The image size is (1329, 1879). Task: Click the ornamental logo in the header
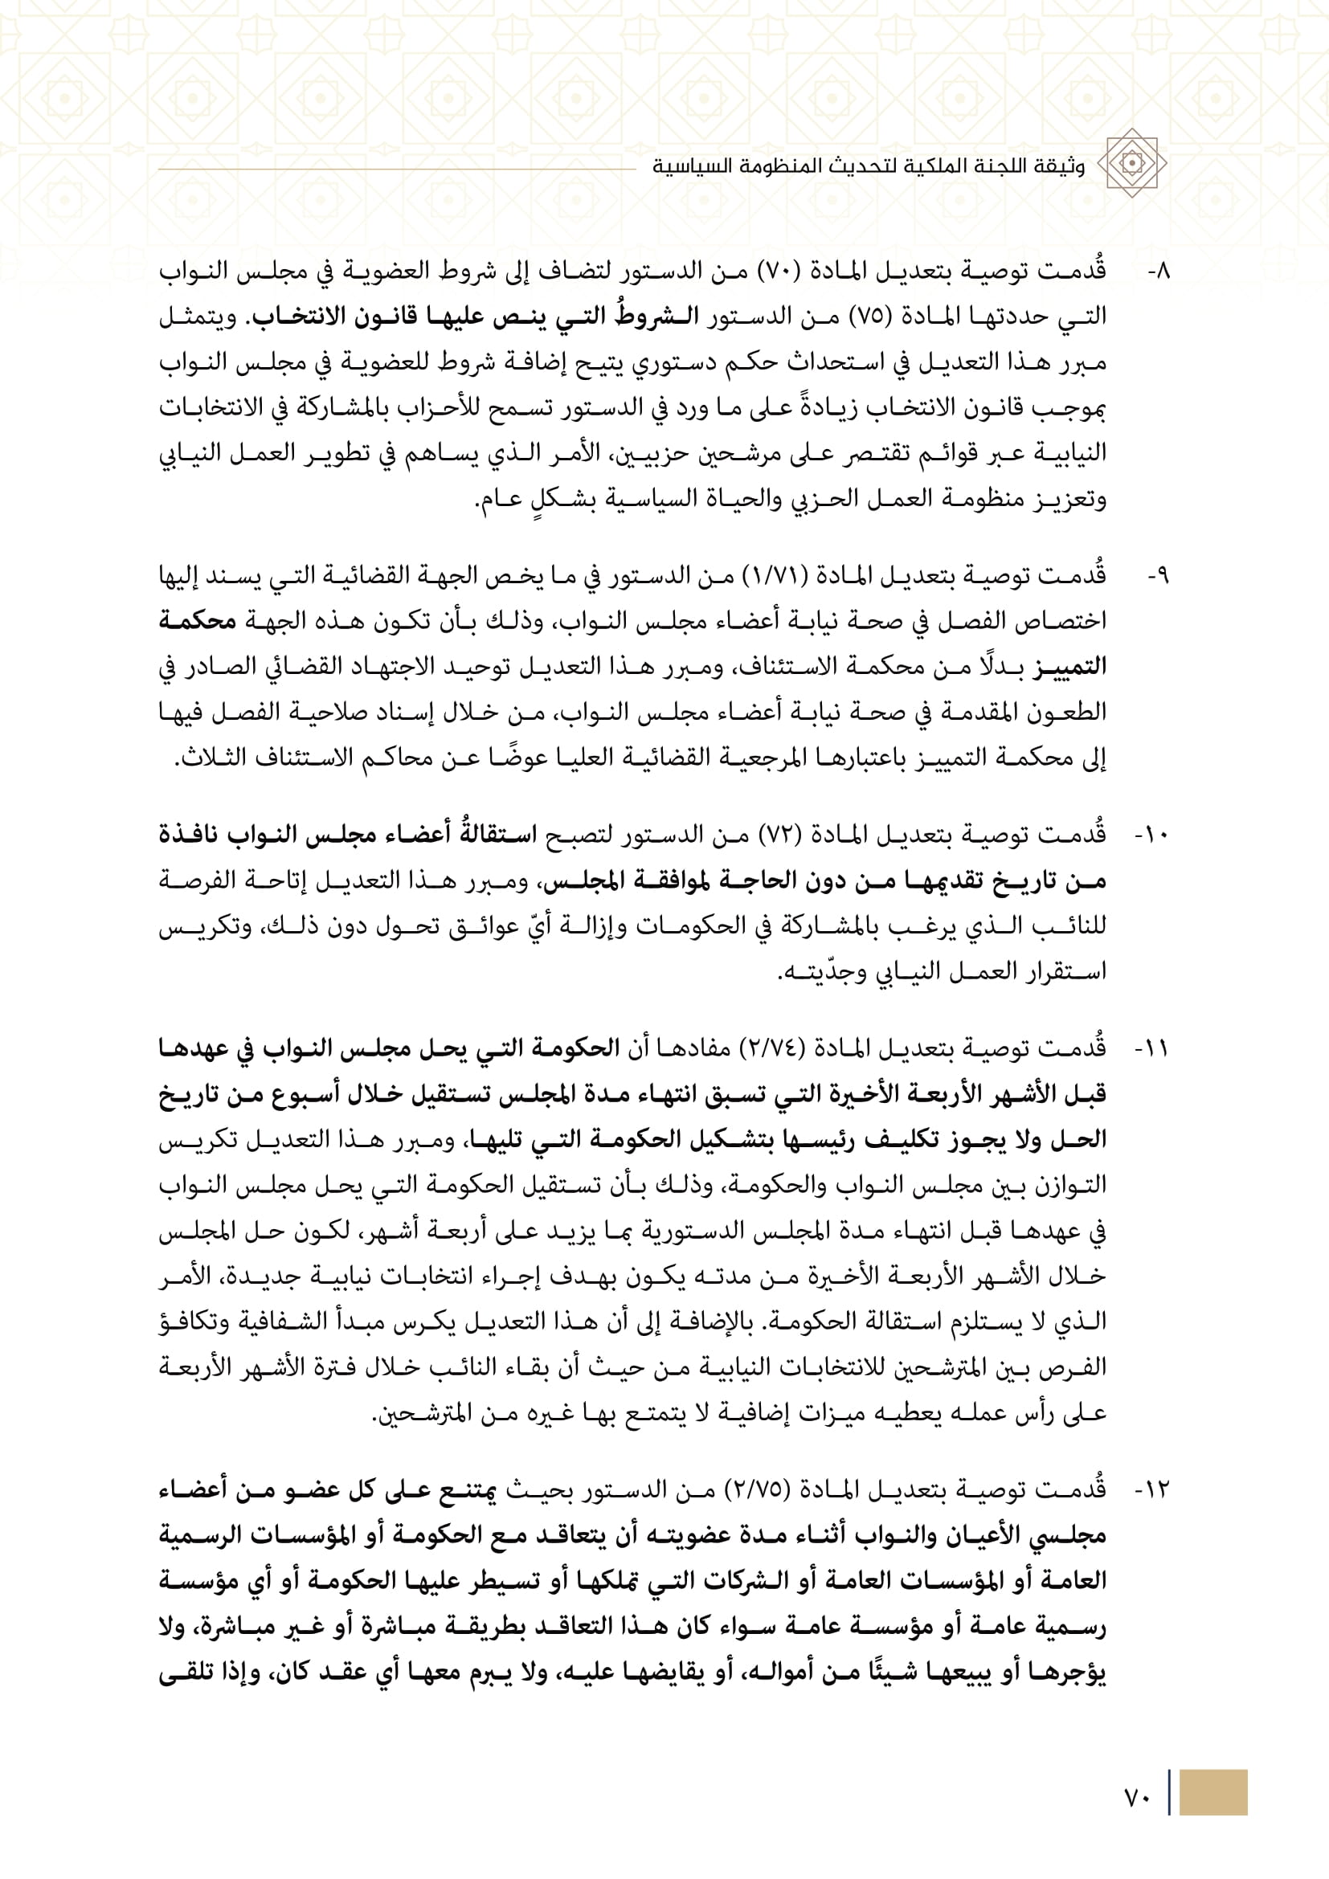(x=1132, y=163)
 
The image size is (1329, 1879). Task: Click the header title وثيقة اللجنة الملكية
(x=869, y=166)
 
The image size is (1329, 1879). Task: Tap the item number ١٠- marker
(x=1152, y=836)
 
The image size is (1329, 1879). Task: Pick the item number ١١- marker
(x=1152, y=1049)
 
